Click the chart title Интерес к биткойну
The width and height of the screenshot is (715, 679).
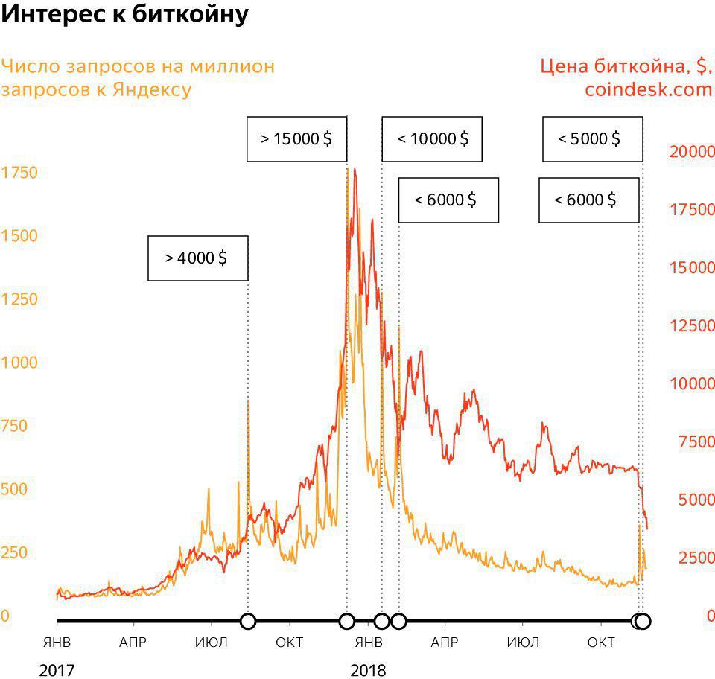point(124,14)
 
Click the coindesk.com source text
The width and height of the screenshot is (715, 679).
point(648,90)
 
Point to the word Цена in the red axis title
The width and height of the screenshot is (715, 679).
point(565,66)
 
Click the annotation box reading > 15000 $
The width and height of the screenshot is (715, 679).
point(296,138)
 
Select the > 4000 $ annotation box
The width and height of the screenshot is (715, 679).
point(197,258)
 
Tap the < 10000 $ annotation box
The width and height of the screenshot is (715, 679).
point(432,138)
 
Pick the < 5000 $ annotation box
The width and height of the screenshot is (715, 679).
point(591,138)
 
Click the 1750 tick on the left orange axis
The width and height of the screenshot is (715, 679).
point(19,173)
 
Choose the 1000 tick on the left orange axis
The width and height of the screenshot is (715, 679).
point(19,363)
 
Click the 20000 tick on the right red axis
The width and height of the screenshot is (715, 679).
point(691,152)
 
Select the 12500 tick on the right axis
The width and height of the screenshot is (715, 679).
point(691,326)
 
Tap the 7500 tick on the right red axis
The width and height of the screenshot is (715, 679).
point(696,442)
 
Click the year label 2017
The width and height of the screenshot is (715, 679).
point(57,670)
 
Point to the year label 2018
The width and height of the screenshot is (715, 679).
point(369,670)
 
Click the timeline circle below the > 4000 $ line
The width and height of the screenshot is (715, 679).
point(248,621)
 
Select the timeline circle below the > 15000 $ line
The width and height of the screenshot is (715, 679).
point(346,621)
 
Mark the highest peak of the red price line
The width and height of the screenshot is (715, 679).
point(355,170)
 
